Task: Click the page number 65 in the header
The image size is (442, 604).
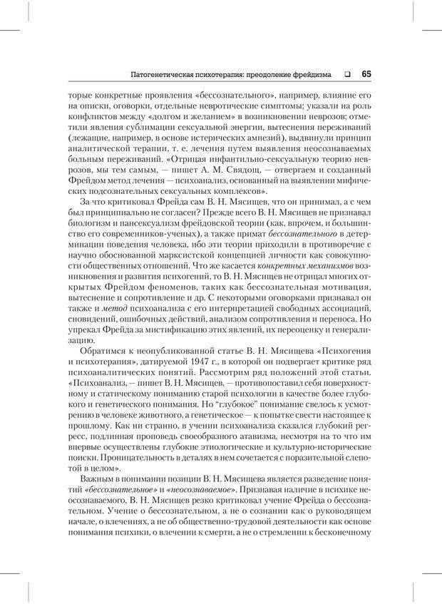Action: [x=365, y=73]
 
